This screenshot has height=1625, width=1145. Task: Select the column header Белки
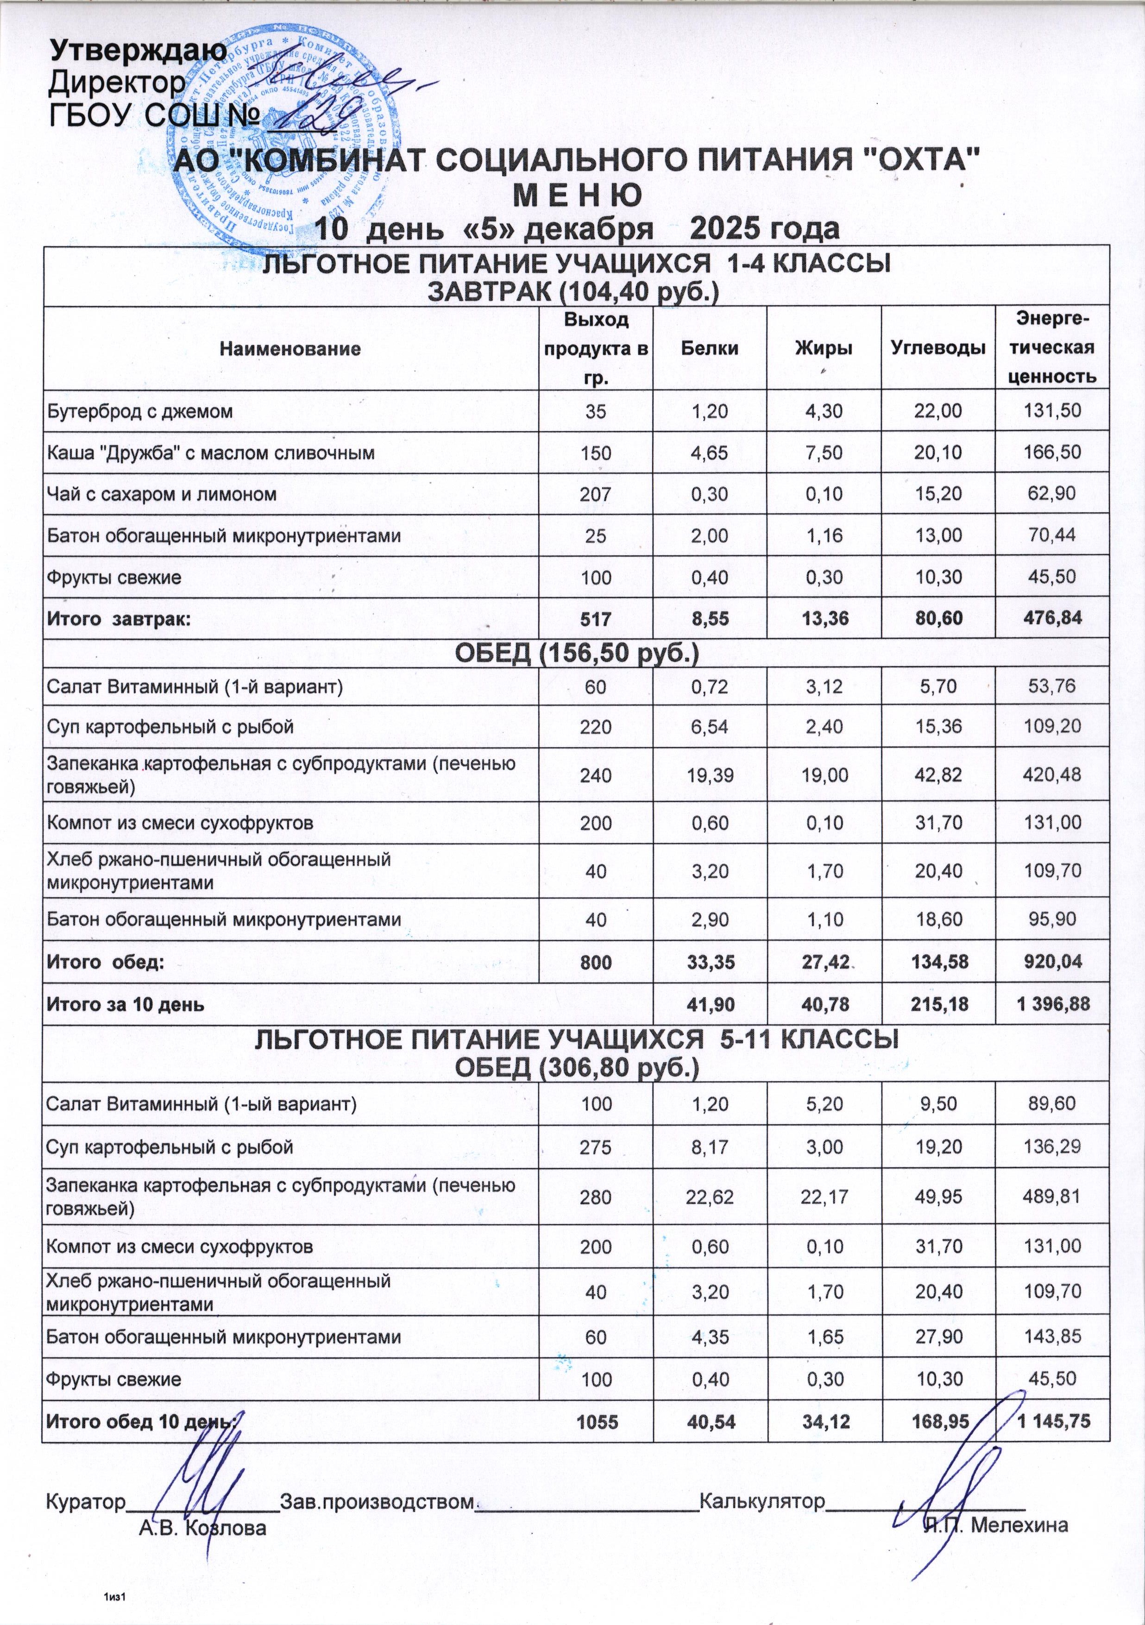[x=710, y=348]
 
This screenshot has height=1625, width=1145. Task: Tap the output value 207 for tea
[x=596, y=494]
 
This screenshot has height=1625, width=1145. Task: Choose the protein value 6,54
[x=710, y=727]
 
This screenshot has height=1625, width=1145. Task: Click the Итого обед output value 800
[x=596, y=962]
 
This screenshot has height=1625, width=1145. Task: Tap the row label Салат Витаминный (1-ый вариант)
[x=201, y=1104]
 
